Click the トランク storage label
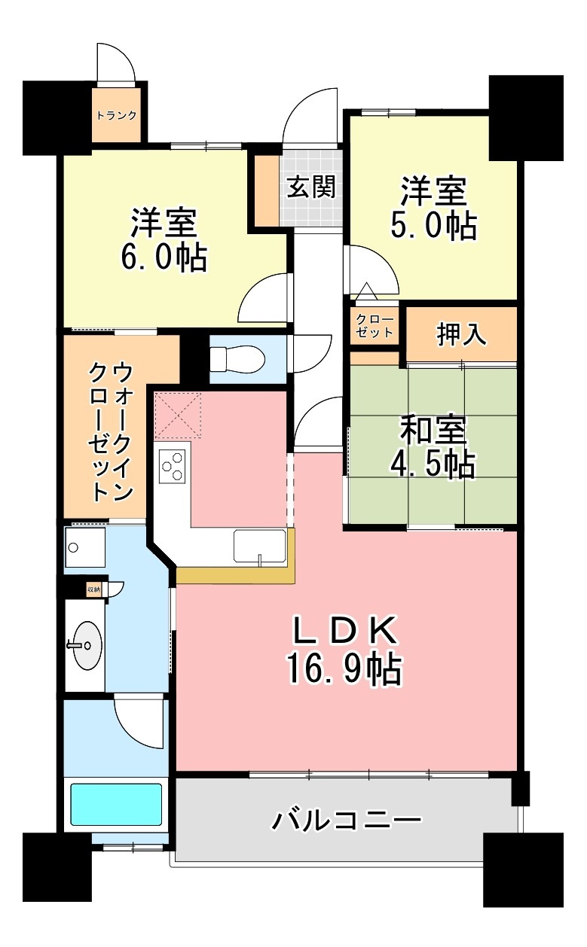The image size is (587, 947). coord(116,116)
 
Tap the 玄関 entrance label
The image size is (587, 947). coord(310,186)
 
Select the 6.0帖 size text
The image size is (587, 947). coord(164,258)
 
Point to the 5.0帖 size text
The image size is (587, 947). coord(433,224)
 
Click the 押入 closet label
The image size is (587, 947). coord(461,336)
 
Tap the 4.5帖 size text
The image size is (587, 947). coord(433,465)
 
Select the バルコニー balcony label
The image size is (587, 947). coord(347,820)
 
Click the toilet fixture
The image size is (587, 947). coord(236,358)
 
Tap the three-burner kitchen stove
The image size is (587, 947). coord(173,464)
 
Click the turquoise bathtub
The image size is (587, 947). coord(116,805)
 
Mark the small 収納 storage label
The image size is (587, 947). coord(93,589)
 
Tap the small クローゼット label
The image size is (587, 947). coord(375,325)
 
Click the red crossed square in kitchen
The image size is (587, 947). coord(179,415)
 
